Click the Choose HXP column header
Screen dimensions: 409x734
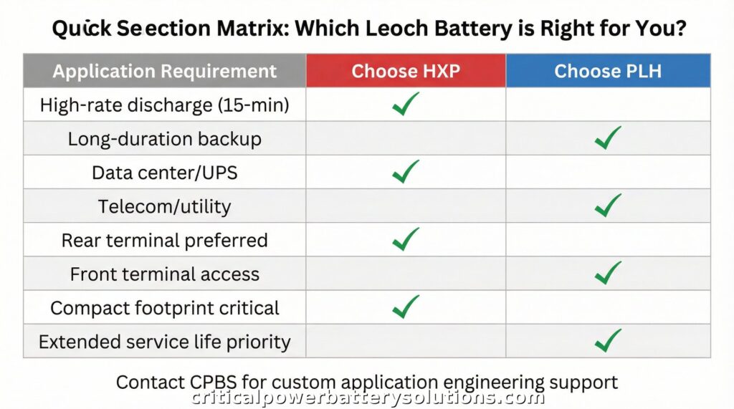(406, 71)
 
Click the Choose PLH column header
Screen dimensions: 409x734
(608, 71)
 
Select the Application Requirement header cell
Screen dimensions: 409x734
(164, 71)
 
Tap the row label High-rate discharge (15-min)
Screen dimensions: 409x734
(164, 105)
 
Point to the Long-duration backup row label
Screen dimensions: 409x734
(164, 139)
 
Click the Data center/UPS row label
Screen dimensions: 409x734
(164, 173)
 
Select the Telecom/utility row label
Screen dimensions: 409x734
(164, 207)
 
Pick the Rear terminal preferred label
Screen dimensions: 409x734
(164, 241)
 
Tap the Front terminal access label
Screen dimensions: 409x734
(164, 274)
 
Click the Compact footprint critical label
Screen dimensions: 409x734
(164, 308)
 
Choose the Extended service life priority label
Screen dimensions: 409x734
(164, 342)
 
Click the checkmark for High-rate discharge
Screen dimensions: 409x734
(405, 105)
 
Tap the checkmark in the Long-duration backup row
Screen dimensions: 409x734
(608, 138)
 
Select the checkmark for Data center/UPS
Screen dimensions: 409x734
(405, 171)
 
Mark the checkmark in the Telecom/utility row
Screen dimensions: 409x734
(608, 206)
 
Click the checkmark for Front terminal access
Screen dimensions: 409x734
(608, 273)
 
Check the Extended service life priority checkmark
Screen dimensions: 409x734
(608, 341)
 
